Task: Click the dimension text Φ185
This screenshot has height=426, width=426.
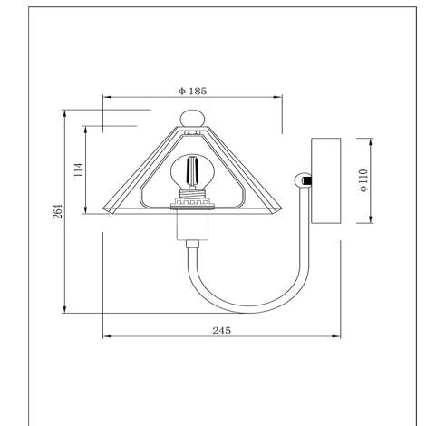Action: pyautogui.click(x=193, y=91)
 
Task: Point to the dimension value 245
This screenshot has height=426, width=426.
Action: pyautogui.click(x=221, y=330)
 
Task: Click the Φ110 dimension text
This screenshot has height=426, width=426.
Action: pyautogui.click(x=363, y=179)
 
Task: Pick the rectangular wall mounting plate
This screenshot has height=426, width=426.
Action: pyautogui.click(x=325, y=179)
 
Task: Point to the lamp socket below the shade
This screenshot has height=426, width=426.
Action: pyautogui.click(x=191, y=227)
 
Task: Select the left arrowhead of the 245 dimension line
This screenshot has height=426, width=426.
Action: pyautogui.click(x=107, y=338)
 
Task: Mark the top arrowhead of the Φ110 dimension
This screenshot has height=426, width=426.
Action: pyautogui.click(x=371, y=141)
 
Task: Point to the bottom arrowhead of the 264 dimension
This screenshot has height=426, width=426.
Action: pyautogui.click(x=66, y=310)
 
